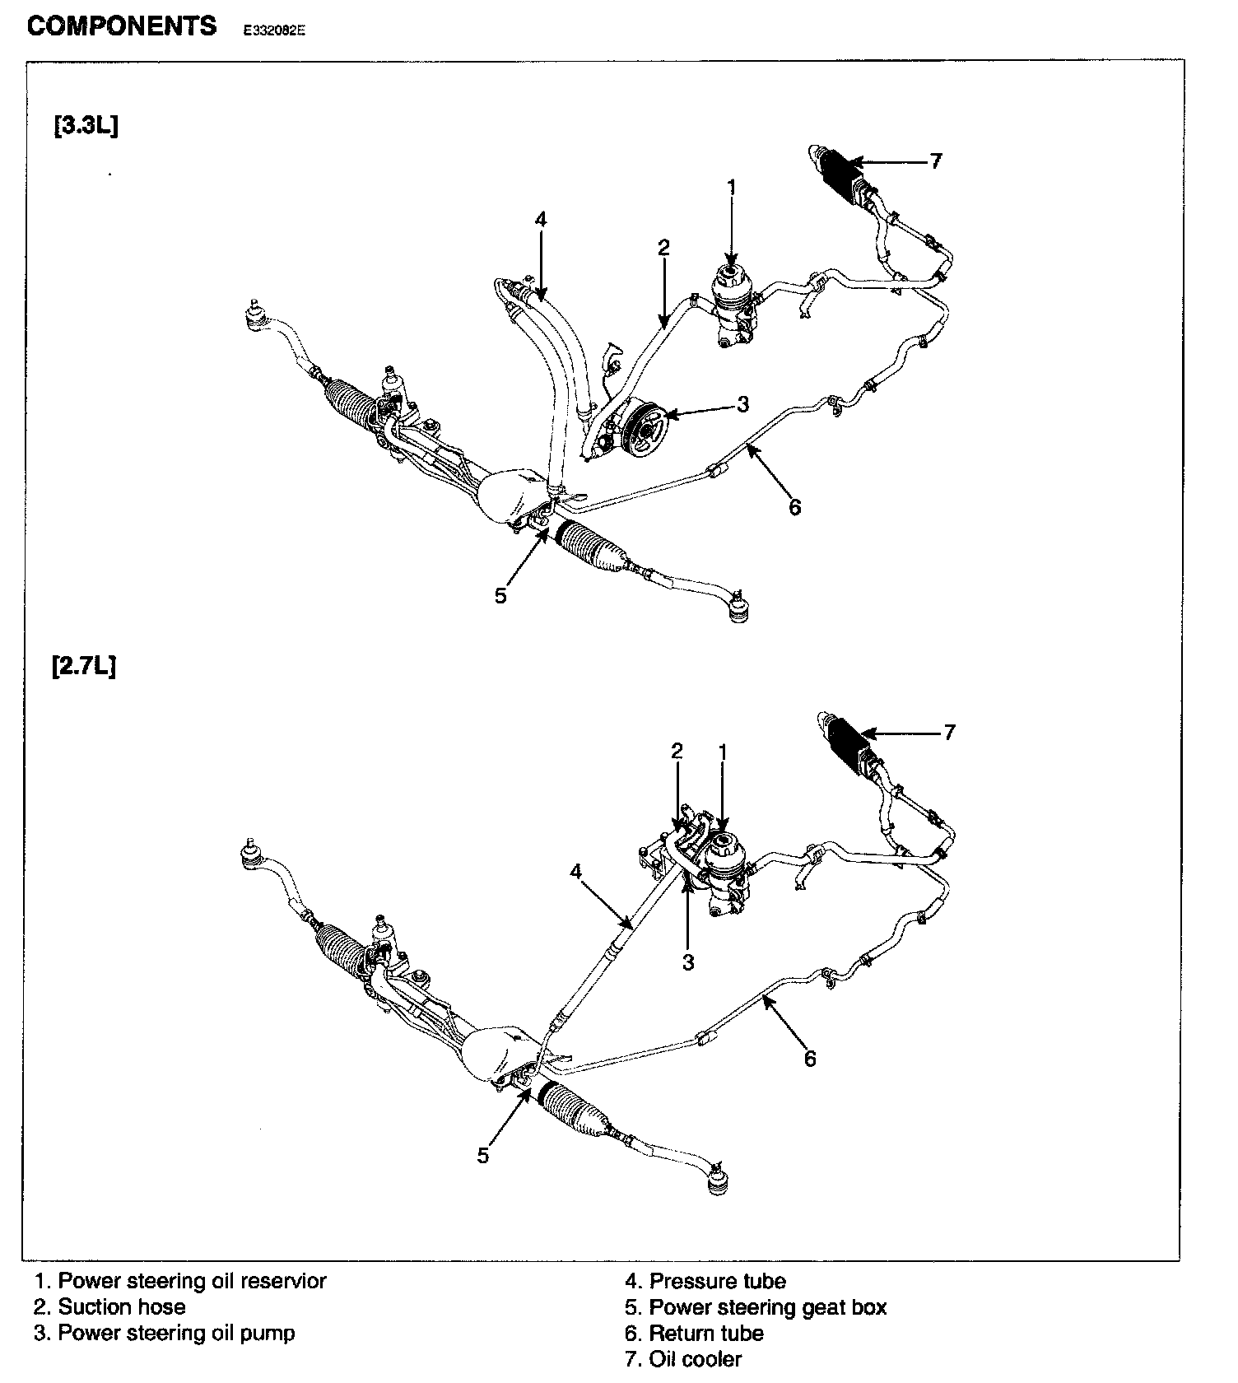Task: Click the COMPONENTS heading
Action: point(122,26)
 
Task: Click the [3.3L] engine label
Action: point(86,127)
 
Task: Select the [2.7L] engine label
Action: point(83,665)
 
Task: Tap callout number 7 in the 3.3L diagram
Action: point(935,161)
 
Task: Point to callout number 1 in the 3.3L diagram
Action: point(731,188)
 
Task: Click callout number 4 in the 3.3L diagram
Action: point(540,219)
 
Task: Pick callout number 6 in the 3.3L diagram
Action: point(794,507)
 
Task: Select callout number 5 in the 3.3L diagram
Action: point(500,595)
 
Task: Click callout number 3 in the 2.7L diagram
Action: point(688,962)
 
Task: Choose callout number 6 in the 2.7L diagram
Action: point(810,1059)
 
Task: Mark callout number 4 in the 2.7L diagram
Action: point(576,870)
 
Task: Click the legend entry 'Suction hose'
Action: point(109,1306)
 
